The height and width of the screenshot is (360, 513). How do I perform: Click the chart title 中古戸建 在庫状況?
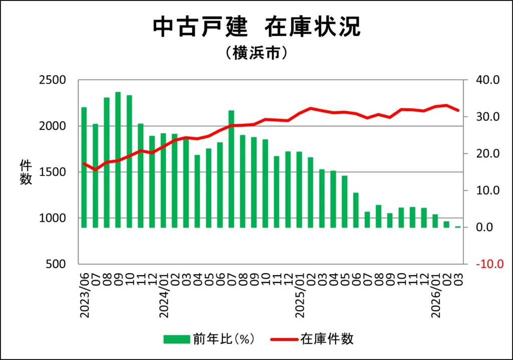tap(256, 28)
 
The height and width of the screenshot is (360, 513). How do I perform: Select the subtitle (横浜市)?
tap(256, 53)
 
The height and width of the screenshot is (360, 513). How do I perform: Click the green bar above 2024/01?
tap(163, 180)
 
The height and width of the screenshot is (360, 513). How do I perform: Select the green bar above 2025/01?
tap(299, 190)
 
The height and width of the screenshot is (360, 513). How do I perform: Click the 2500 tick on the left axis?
tap(52, 80)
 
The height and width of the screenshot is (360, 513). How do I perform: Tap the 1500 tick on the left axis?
tap(52, 172)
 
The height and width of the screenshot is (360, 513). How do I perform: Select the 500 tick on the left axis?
tap(56, 264)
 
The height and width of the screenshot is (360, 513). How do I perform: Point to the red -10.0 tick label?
tap(486, 264)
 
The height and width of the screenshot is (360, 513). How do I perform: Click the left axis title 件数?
tap(26, 172)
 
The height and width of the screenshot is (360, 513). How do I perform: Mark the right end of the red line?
tap(458, 110)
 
